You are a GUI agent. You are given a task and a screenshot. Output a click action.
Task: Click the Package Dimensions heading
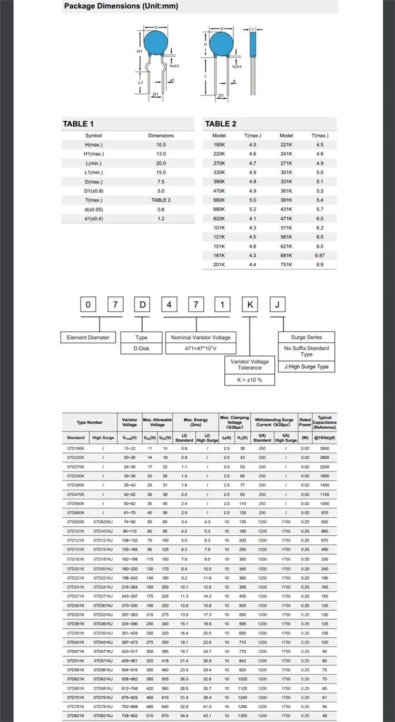121,6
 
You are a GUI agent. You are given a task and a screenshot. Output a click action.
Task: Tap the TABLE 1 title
78,124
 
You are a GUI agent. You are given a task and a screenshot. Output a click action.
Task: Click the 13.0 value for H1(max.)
161,154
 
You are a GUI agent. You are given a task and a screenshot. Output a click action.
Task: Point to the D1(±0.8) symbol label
94,191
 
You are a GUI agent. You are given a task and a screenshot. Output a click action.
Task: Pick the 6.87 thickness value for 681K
320,255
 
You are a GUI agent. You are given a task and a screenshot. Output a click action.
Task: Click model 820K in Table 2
219,218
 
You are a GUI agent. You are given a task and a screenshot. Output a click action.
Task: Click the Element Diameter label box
88,338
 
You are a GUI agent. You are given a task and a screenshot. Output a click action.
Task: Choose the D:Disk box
141,349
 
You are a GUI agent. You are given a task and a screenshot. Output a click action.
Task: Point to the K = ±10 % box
249,380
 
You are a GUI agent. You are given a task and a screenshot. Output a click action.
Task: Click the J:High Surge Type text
306,367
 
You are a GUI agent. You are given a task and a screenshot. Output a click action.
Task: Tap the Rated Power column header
305,422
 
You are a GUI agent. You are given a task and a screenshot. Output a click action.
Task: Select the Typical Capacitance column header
324,422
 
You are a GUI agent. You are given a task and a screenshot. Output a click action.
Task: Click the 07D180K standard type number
76,448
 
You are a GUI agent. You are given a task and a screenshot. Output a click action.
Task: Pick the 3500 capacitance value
324,448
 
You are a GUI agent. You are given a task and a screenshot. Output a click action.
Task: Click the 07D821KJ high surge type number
104,716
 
